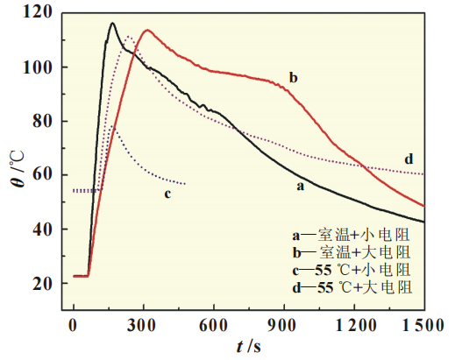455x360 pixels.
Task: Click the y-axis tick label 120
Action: [x=39, y=13]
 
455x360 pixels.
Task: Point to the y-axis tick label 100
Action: [x=39, y=67]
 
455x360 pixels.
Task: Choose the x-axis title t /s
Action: [x=247, y=346]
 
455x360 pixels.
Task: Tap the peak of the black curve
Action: [x=112, y=24]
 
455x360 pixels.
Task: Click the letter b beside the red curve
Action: [x=293, y=78]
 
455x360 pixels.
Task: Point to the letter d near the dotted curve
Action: [x=409, y=159]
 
